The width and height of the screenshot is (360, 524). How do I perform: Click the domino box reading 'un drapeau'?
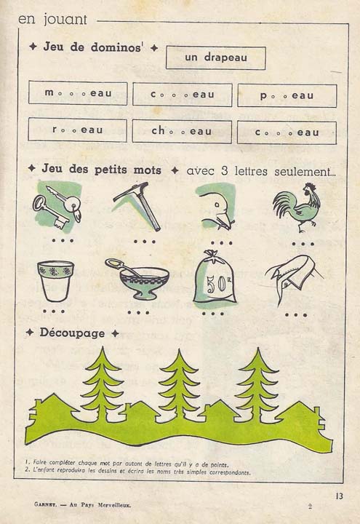click(215, 58)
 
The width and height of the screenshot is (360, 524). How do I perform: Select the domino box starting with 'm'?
click(78, 94)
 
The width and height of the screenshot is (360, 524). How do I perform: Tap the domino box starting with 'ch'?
click(182, 132)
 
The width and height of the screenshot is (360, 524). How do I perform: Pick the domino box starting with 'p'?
click(287, 95)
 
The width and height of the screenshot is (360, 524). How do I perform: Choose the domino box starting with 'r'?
click(77, 130)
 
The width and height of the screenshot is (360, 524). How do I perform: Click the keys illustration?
click(57, 205)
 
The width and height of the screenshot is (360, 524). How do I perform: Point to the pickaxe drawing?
click(137, 205)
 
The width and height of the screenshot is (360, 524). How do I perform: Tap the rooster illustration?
click(296, 207)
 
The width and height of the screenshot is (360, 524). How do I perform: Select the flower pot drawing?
click(55, 280)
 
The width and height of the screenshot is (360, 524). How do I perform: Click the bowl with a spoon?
click(138, 279)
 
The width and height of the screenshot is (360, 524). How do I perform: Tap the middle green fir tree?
click(179, 386)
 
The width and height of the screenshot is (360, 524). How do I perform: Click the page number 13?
click(339, 496)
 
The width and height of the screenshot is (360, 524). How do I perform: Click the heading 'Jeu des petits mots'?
click(103, 169)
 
